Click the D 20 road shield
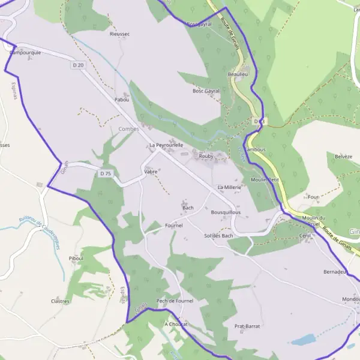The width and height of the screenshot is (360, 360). coord(77,65)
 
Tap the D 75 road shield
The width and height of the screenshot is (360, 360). coord(106,173)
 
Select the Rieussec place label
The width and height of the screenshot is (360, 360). coord(119,34)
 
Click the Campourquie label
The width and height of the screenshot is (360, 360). coord(25,53)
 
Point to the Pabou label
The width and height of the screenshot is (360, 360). coord(122,100)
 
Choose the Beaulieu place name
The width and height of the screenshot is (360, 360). coord(238,74)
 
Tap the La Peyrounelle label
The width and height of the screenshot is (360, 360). coord(166,145)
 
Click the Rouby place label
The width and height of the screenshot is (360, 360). coord(206,155)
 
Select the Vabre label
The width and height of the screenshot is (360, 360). coord(151,171)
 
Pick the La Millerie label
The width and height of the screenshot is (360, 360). coord(229,187)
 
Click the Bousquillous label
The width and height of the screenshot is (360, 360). coord(226,212)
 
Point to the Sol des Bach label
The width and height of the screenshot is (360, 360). coord(218,236)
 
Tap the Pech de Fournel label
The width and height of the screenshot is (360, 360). coord(174,301)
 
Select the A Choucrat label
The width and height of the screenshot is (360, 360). coord(176,324)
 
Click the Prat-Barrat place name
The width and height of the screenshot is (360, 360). coord(247,326)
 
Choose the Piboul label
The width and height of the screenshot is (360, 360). coord(76,258)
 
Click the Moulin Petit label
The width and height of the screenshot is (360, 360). coord(265,179)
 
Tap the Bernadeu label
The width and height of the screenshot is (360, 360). coord(335,272)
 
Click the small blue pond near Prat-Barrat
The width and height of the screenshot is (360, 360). coord(304,340)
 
